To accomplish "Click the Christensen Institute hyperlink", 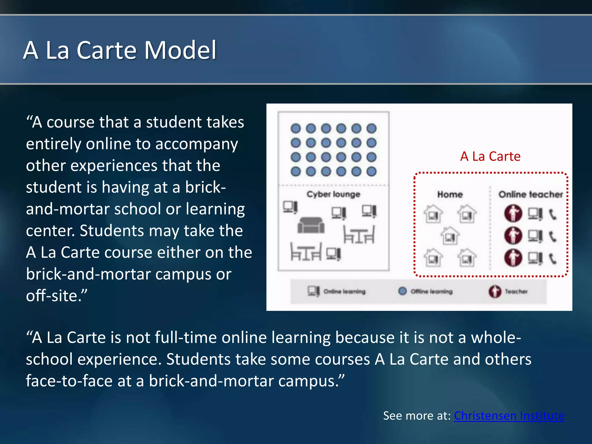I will click(x=509, y=416).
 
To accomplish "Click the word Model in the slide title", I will click(x=180, y=50).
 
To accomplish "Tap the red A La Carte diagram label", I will click(x=490, y=156).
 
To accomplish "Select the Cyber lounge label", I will click(x=333, y=194).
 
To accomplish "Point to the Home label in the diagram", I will click(x=450, y=195).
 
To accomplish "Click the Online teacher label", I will click(x=531, y=195).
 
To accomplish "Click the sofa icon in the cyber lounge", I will click(x=311, y=225).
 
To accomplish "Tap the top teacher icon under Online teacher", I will click(x=513, y=213).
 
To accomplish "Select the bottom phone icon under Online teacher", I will click(x=552, y=258).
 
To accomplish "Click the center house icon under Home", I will click(x=450, y=236).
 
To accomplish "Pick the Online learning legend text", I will click(x=344, y=292).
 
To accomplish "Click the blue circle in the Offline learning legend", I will click(x=402, y=291).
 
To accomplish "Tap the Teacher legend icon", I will click(x=495, y=291).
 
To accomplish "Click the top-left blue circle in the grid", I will click(x=296, y=128).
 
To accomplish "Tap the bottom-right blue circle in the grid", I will click(x=371, y=172).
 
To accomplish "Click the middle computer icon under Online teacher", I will click(x=535, y=236).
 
